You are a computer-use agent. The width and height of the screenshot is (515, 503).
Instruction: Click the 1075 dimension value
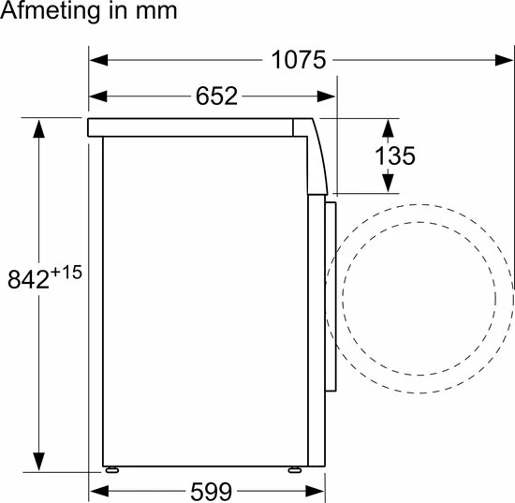tap(298, 60)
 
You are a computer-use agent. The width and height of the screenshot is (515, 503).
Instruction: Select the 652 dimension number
tap(216, 96)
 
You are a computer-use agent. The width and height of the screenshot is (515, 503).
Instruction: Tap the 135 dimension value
tap(395, 155)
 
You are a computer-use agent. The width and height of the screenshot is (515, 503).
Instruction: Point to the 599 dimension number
tap(212, 492)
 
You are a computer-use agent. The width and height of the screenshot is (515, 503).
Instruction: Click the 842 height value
tap(28, 279)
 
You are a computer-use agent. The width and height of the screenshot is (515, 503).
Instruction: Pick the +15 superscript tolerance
tap(66, 273)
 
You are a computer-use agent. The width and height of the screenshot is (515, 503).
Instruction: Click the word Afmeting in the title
tap(50, 12)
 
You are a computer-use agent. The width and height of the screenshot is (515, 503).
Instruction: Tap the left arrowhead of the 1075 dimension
tap(98, 60)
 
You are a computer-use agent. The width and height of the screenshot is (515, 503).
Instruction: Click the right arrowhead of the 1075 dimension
tap(504, 60)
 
